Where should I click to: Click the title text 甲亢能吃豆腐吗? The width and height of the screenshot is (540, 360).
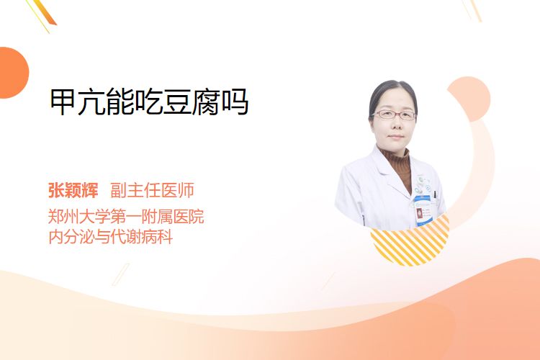149,102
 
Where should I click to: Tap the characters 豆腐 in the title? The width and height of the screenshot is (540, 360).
191,102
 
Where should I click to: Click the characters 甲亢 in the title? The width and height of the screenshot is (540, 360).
78,102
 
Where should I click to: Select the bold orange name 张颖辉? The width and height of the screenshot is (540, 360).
73,190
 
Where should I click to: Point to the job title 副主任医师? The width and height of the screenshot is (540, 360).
152,190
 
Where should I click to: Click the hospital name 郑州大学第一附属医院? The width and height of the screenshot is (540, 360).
126,217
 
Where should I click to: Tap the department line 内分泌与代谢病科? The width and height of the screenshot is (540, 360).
111,237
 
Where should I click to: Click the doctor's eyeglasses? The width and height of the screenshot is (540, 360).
394,114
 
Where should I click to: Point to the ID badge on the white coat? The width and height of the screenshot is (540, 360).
423,210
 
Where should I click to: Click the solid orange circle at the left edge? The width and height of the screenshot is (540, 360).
13,73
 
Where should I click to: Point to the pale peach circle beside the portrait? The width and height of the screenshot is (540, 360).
469,99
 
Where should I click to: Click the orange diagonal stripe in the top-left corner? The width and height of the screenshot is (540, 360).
43,13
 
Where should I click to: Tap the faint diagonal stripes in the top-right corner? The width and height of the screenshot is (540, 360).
472,10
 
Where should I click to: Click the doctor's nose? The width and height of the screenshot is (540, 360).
395,124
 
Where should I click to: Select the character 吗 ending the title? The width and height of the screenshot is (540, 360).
235,102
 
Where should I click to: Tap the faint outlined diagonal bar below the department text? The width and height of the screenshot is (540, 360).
120,274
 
